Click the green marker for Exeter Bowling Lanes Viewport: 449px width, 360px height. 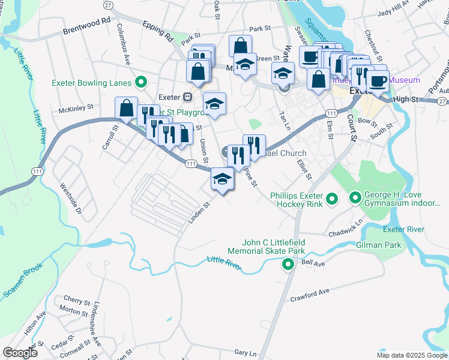click(141, 82)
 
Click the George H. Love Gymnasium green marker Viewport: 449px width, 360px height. click(355, 197)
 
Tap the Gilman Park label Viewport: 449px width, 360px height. click(401, 245)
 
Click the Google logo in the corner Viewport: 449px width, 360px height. click(20, 353)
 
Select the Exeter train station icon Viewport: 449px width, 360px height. click(188, 96)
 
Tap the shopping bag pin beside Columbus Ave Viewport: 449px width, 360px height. click(127, 109)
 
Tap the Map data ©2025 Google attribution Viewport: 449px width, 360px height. click(412, 355)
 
